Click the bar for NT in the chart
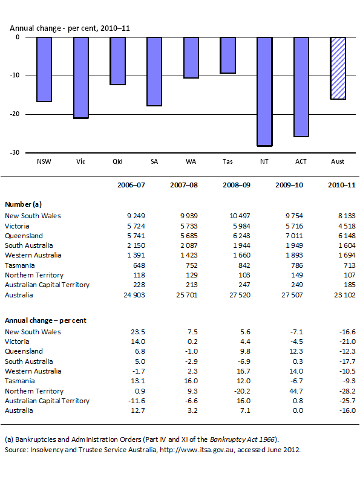click(264, 91)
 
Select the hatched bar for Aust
click(338, 68)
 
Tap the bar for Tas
click(227, 55)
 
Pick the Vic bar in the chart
click(81, 77)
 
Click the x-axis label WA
click(191, 161)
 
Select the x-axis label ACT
click(301, 161)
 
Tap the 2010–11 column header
click(341, 186)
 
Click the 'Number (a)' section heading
click(23, 205)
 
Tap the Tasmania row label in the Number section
click(19, 265)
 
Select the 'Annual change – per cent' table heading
click(45, 320)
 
